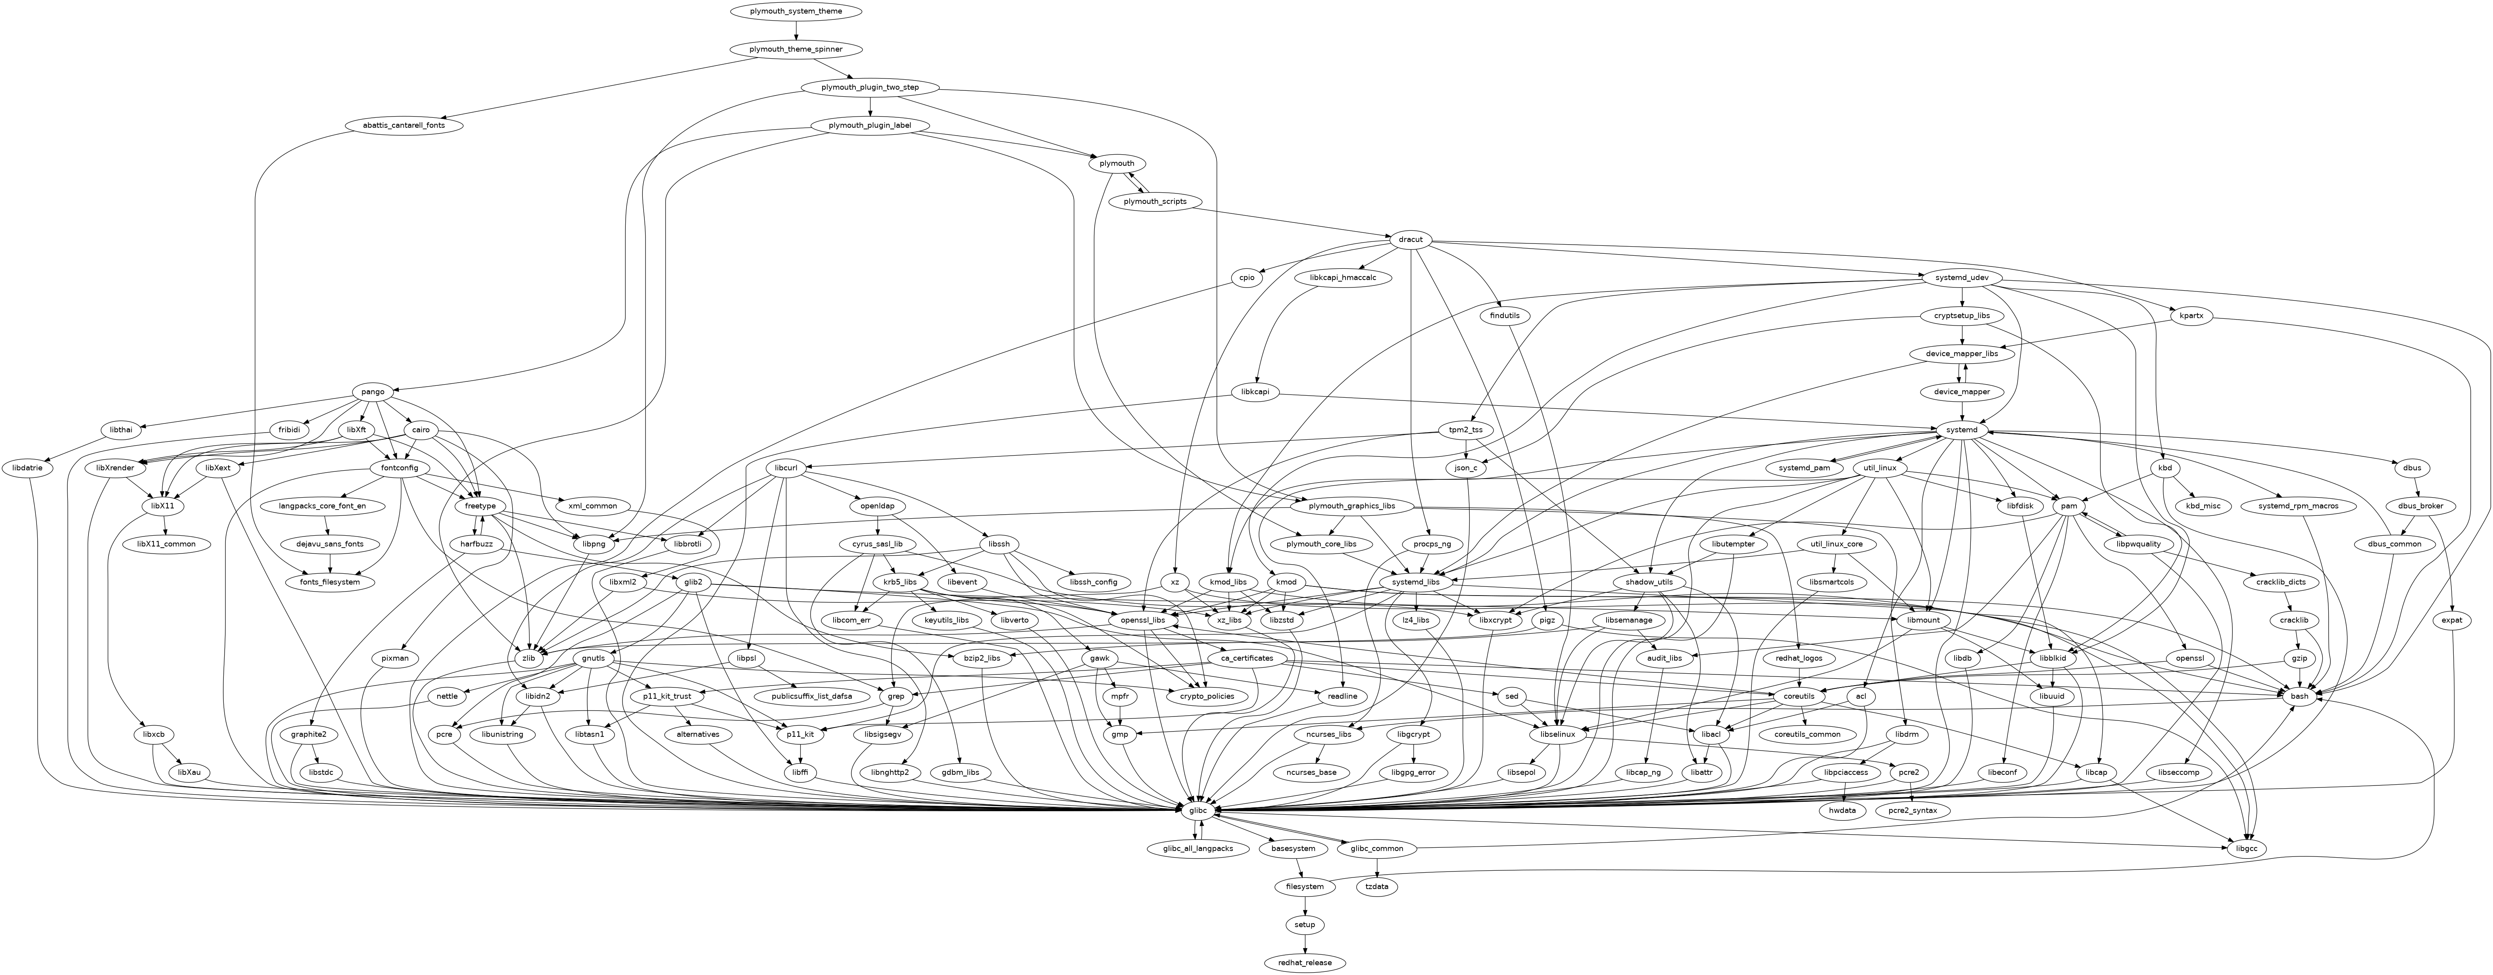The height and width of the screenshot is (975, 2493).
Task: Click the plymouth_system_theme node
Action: pos(796,11)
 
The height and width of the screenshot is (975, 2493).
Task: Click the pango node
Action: pos(373,392)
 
